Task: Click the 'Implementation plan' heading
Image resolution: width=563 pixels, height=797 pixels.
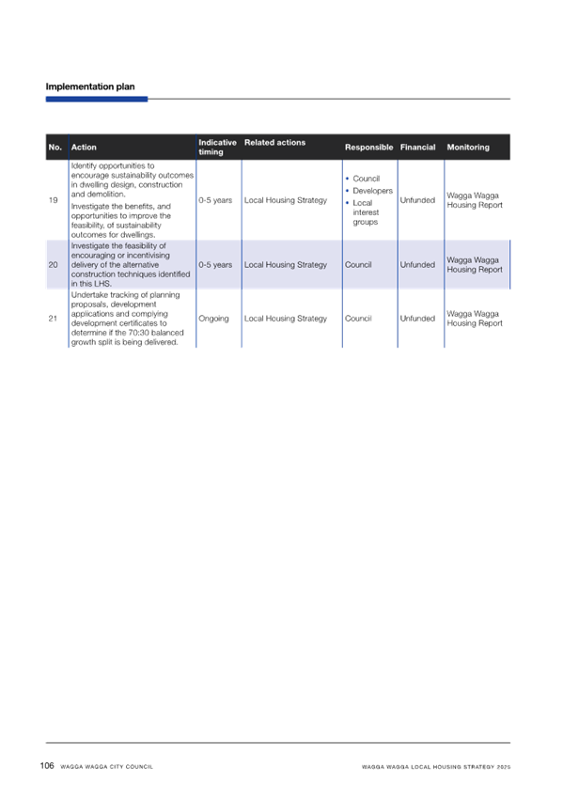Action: click(x=90, y=86)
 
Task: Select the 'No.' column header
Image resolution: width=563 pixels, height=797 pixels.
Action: click(x=55, y=148)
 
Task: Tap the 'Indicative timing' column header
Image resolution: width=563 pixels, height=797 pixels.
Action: click(x=217, y=147)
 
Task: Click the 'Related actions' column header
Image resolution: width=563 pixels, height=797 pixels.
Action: click(x=274, y=142)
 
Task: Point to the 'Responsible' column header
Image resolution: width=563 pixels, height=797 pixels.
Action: click(x=368, y=148)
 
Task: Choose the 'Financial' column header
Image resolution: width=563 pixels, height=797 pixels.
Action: click(x=417, y=148)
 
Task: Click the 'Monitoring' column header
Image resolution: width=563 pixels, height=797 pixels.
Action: click(x=468, y=148)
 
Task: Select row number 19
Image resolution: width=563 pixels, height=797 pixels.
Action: click(x=53, y=200)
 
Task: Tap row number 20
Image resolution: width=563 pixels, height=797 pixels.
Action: click(x=53, y=265)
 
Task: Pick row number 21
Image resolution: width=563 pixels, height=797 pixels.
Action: click(x=53, y=319)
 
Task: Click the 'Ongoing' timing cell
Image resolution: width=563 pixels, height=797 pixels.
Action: click(x=213, y=319)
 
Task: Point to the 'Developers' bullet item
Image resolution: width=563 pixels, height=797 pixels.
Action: click(x=373, y=191)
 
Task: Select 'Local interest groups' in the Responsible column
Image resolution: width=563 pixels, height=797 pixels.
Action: click(x=366, y=212)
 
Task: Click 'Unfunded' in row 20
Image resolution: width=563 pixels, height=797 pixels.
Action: click(x=417, y=265)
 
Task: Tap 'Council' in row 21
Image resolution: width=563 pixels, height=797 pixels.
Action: click(x=358, y=319)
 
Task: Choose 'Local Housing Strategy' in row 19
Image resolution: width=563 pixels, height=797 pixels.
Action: click(x=286, y=200)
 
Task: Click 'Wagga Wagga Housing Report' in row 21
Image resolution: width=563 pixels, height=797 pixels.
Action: click(x=475, y=319)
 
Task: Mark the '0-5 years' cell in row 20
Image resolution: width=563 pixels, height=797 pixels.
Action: click(x=215, y=265)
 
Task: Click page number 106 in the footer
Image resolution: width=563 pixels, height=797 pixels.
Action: click(x=47, y=765)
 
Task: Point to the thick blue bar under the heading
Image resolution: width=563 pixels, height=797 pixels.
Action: click(x=97, y=99)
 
